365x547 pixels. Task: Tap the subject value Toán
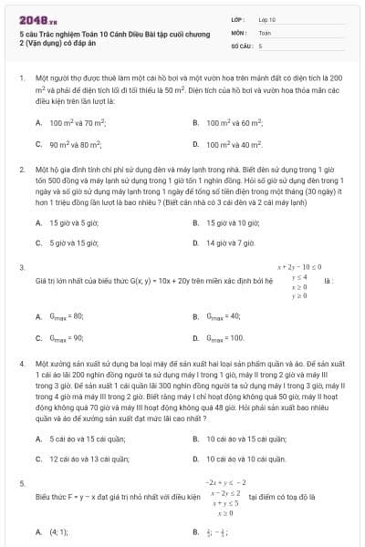265,31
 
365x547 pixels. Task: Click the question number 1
22,79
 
